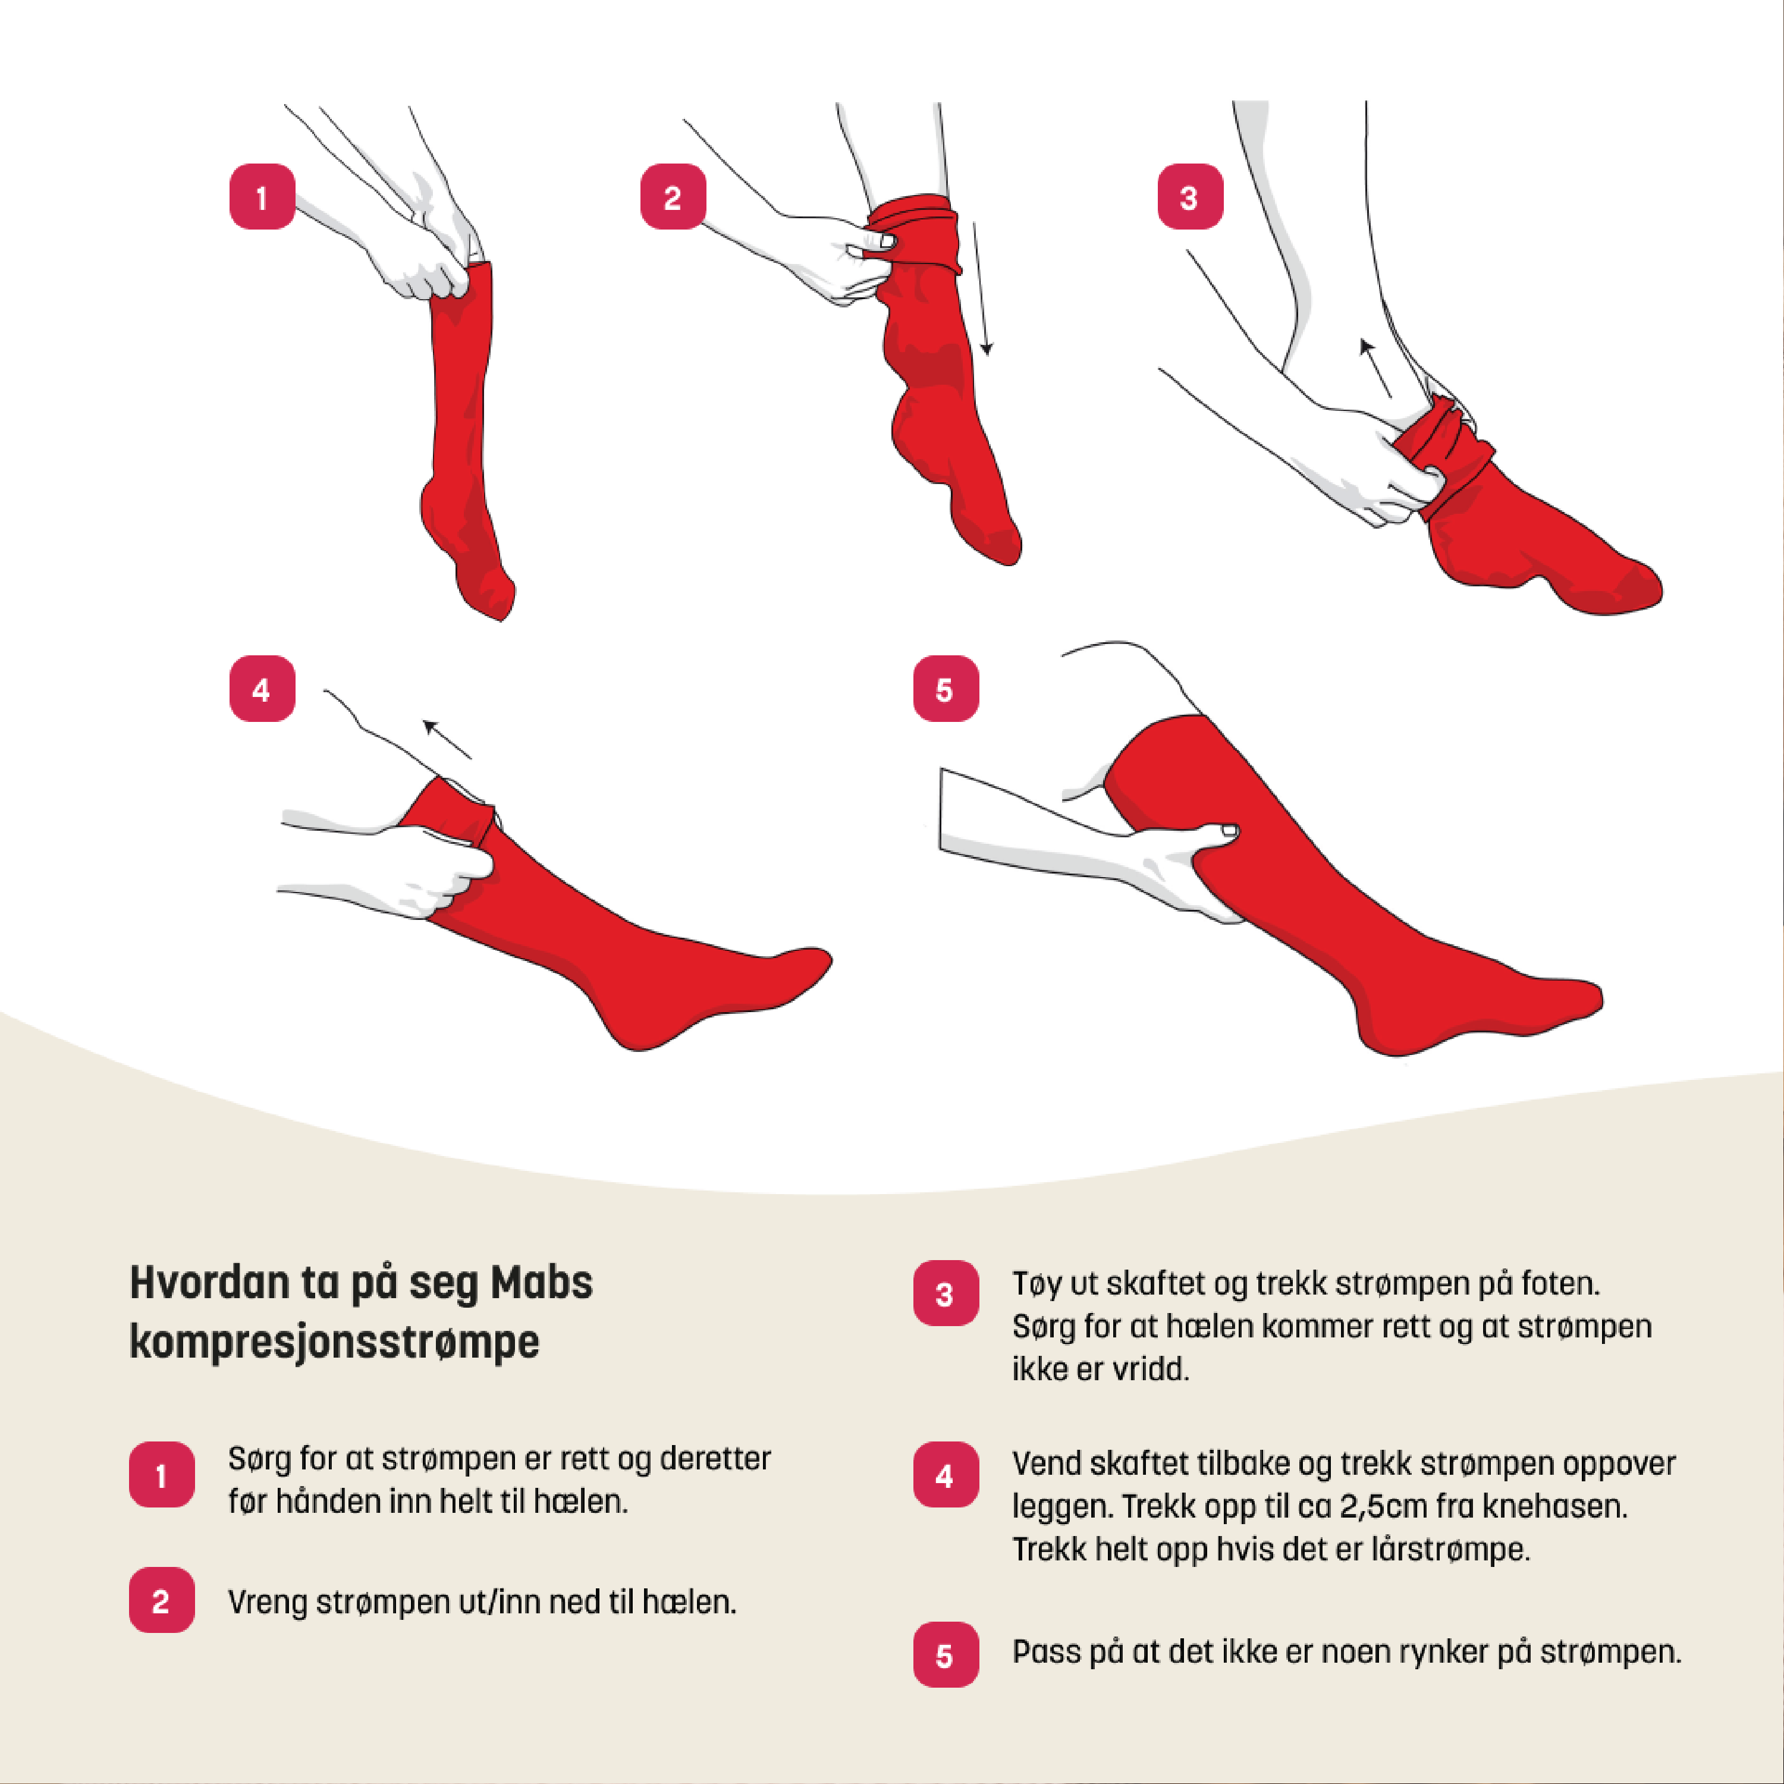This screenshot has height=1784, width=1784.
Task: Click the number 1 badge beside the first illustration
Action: [x=262, y=197]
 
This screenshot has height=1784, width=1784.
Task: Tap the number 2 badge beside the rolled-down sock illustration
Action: [x=673, y=197]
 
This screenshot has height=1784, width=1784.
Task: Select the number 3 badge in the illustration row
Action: [x=1191, y=197]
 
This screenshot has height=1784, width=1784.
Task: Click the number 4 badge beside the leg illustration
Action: [x=262, y=689]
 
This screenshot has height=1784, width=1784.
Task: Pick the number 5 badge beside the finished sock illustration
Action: [x=946, y=689]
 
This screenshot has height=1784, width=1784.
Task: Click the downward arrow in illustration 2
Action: [x=981, y=288]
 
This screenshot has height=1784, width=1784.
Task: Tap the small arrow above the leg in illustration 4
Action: [x=447, y=738]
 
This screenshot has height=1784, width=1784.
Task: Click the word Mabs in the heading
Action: [x=542, y=1283]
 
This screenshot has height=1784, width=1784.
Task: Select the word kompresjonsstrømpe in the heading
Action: [x=334, y=1342]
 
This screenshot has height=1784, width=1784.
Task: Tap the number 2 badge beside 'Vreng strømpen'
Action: [x=162, y=1600]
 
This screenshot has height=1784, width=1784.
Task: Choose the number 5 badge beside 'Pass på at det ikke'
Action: [x=946, y=1655]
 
